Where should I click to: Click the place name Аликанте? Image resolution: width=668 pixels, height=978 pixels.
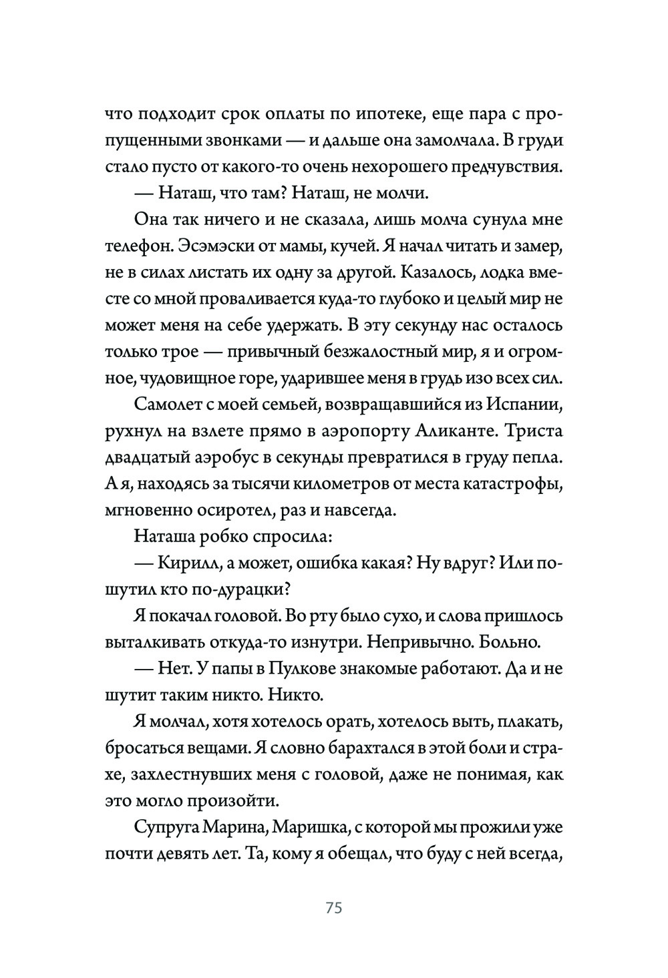tap(462, 431)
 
